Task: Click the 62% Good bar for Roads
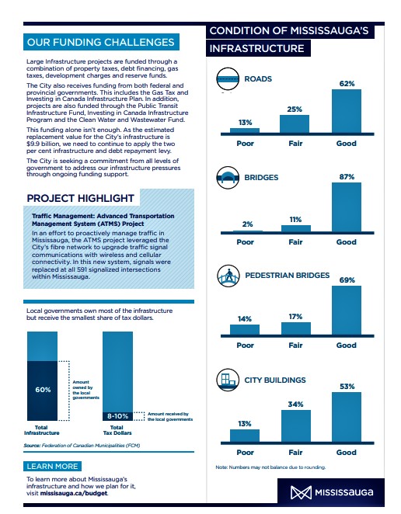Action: (x=347, y=111)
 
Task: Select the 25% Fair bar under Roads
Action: (x=295, y=124)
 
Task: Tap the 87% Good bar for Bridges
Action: (x=347, y=207)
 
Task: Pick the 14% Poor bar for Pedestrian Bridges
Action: (x=245, y=330)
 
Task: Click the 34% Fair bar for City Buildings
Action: (x=295, y=426)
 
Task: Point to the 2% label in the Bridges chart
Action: (x=247, y=224)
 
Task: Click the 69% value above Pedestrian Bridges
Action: (x=347, y=280)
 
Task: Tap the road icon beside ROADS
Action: (x=228, y=78)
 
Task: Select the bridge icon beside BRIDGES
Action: (x=228, y=177)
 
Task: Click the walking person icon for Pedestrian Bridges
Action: (x=228, y=276)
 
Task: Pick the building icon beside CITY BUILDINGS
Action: (x=228, y=380)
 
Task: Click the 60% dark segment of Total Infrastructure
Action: (x=42, y=391)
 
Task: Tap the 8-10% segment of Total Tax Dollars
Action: (x=118, y=416)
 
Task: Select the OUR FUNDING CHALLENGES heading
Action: (x=101, y=42)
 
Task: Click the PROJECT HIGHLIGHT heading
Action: (x=81, y=198)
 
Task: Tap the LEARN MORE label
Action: (x=53, y=466)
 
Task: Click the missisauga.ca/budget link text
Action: (x=74, y=493)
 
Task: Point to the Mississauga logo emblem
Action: (x=301, y=493)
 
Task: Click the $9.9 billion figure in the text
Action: (x=43, y=144)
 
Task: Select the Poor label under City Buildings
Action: (x=245, y=453)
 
